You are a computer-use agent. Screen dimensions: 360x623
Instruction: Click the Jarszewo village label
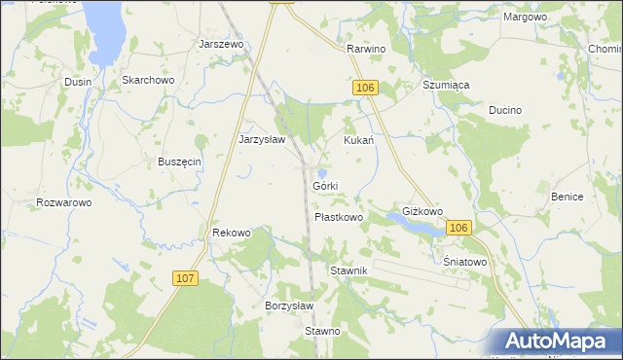coord(221,44)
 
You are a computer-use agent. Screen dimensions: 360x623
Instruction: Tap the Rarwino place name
coord(366,49)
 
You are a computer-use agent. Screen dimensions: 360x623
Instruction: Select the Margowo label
coord(525,18)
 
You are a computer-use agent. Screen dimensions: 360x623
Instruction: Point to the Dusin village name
coord(78,83)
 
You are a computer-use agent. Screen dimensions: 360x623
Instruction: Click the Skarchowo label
coord(147,81)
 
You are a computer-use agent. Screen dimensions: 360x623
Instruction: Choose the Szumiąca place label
coord(446,85)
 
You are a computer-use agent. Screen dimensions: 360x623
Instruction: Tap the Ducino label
coord(505,111)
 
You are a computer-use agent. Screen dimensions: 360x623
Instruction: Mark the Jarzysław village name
coord(262,139)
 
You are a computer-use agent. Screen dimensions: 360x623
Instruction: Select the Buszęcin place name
coord(179,162)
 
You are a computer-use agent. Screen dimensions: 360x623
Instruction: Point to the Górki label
coord(325,186)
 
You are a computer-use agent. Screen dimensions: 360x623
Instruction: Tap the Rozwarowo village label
coord(63,202)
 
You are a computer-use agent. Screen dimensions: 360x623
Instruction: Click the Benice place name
coord(567,197)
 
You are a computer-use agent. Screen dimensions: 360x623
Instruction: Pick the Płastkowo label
coord(339,217)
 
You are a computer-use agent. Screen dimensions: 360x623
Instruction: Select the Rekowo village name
coord(232,233)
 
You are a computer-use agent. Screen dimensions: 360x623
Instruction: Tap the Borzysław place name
coord(289,305)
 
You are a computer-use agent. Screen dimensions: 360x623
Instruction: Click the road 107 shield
coord(187,278)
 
